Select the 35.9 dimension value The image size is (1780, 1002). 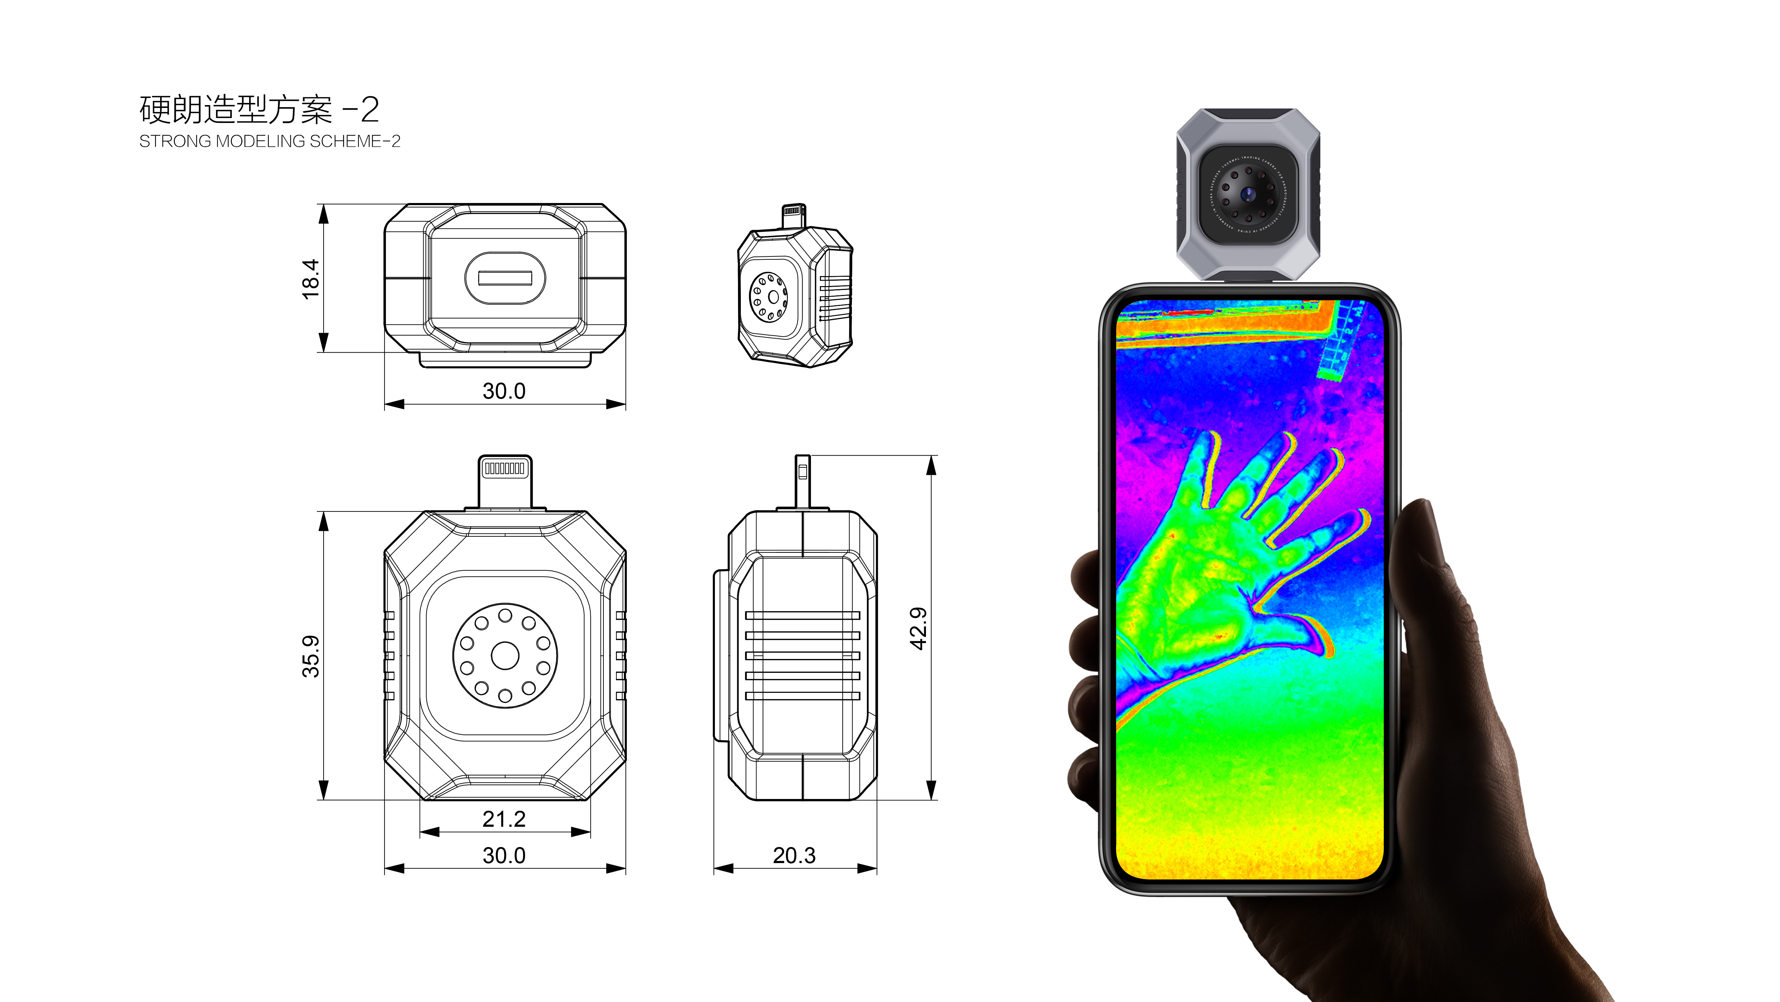[311, 656]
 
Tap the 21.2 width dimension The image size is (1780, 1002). [504, 819]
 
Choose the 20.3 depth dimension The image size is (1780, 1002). [794, 855]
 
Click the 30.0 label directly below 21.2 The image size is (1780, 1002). [504, 855]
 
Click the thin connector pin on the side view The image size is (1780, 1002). [802, 481]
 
